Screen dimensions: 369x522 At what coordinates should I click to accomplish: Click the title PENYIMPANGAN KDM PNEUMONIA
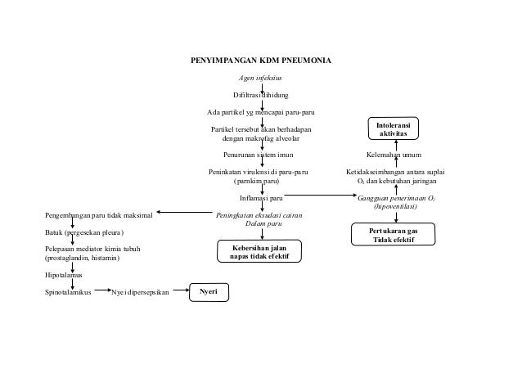point(261,61)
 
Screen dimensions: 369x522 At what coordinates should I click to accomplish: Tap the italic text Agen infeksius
point(260,79)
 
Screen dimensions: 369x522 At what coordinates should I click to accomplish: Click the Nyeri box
point(209,291)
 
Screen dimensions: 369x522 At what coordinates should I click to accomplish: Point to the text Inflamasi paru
point(261,197)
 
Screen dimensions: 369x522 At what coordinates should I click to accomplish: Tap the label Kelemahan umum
point(394,154)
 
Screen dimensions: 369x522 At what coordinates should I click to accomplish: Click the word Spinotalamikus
point(67,291)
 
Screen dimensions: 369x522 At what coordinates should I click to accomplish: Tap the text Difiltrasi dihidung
point(260,95)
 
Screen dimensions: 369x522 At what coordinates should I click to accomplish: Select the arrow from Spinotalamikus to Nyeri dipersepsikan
point(101,290)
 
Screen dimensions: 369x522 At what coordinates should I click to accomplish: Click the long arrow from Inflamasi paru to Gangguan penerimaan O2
point(320,196)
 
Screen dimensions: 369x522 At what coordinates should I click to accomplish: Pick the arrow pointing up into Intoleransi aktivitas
point(396,143)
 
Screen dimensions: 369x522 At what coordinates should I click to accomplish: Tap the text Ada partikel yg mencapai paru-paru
point(260,111)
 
